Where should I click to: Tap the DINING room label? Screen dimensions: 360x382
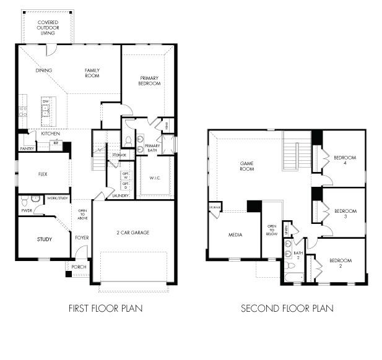point(43,71)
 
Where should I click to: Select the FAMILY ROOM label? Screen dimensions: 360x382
point(92,74)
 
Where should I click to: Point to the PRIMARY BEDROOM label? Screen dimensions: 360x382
point(149,80)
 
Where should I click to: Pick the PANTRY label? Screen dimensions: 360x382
point(27,148)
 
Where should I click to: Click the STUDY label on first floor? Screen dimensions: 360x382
point(44,239)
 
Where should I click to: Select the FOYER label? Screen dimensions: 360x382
point(82,237)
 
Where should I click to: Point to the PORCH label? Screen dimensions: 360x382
point(79,267)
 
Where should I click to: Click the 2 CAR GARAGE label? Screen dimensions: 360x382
point(132,233)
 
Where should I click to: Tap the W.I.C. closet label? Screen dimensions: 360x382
point(155,178)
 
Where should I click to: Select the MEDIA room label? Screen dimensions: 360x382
point(235,235)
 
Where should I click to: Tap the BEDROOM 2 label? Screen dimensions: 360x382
point(340,264)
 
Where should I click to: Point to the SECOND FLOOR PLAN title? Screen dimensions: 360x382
point(287,307)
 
